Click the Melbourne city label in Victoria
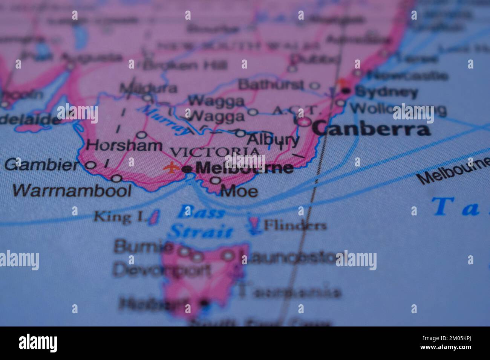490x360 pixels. click(244, 168)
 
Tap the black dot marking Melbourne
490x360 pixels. click(186, 169)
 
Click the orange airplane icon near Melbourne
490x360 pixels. click(172, 167)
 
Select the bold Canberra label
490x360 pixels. click(371, 130)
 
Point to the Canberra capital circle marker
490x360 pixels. click(304, 122)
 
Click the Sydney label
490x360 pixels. click(386, 92)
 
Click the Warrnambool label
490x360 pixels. click(72, 191)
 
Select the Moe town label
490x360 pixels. click(239, 191)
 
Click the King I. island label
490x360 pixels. click(118, 217)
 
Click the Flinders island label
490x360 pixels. click(294, 226)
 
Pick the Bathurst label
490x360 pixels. click(271, 85)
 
